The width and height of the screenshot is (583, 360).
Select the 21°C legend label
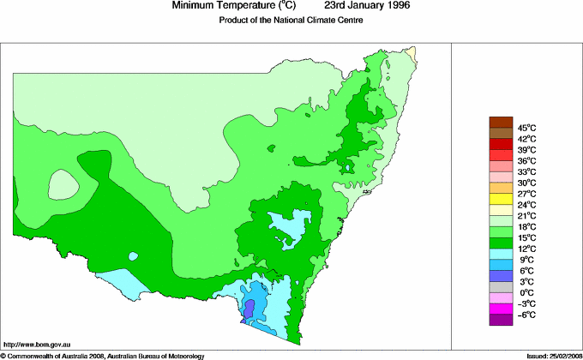click(526, 216)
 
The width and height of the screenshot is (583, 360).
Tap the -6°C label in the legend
click(526, 315)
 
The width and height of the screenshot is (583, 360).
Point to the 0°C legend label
click(526, 293)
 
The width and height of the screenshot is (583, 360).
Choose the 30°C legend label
click(526, 183)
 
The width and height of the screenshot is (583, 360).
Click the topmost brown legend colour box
click(501, 122)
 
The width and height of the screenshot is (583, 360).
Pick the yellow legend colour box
click(501, 199)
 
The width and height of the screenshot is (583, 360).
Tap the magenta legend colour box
click(501, 309)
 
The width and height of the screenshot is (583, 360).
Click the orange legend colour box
click(501, 188)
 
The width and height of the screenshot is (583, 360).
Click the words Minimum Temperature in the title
click(218, 6)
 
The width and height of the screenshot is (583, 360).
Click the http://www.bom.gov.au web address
click(36, 343)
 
